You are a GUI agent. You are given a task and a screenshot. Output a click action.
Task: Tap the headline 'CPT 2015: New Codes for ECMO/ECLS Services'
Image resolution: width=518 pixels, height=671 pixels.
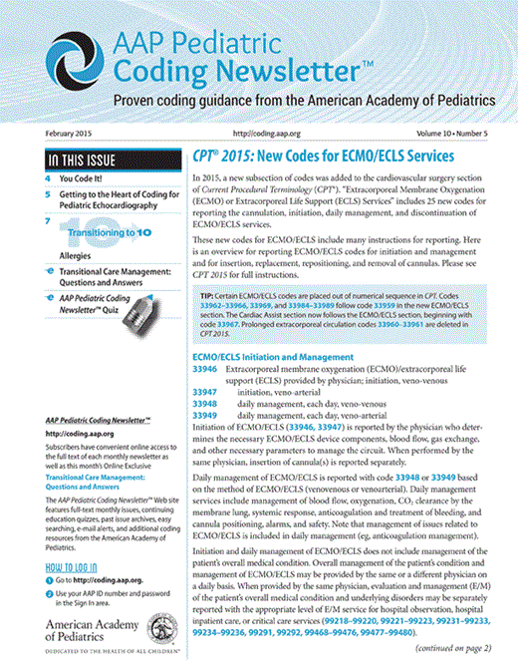pyautogui.click(x=323, y=158)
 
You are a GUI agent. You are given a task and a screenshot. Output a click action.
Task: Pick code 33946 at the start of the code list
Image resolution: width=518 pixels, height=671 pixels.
pyautogui.click(x=205, y=369)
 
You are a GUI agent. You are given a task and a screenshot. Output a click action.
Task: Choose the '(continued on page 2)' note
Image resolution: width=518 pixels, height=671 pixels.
pyautogui.click(x=452, y=647)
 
